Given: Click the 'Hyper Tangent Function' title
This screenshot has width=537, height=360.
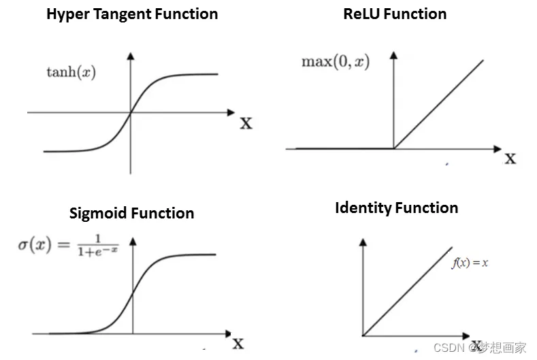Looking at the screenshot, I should coord(132,14).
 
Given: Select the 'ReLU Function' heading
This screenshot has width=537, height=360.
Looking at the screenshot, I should coord(395,14).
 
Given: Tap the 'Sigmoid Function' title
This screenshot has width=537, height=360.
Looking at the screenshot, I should coord(131,213).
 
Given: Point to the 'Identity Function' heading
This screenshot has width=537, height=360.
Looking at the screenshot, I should coord(396,208).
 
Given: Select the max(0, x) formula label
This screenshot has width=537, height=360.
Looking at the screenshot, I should coord(336,62).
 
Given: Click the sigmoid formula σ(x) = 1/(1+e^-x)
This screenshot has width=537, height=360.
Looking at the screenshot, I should coord(68,244).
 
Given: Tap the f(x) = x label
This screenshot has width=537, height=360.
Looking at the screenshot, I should coord(469,263).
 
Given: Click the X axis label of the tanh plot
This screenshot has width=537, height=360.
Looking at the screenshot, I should coord(245,123).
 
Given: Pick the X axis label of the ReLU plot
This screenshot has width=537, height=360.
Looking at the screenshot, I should coord(510,159).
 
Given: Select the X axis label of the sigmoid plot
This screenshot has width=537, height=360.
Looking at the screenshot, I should coord(238,343).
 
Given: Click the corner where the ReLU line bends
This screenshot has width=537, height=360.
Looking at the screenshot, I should coord(394,148).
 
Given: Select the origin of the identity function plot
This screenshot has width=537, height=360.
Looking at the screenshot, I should coord(363,336).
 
